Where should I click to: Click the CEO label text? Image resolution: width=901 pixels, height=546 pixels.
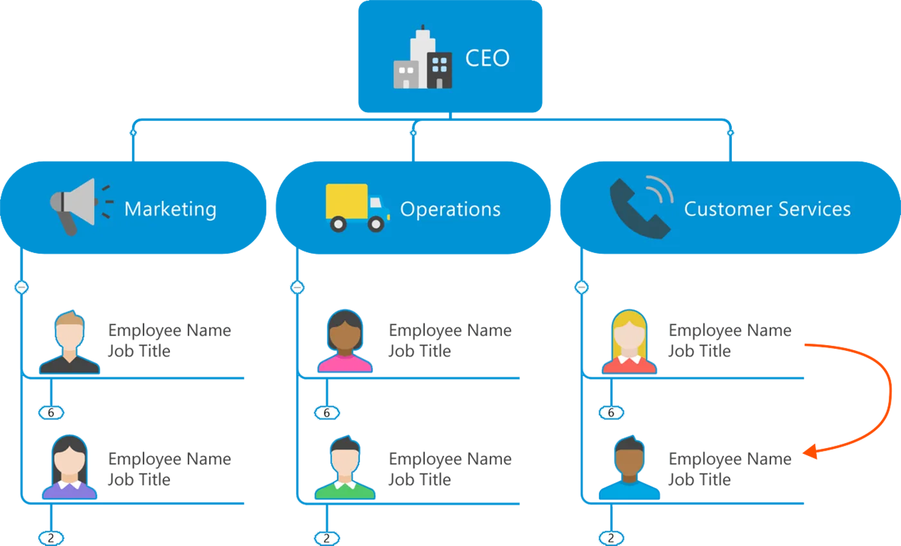pos(487,58)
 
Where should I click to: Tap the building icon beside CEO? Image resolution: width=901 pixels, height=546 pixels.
pos(423,59)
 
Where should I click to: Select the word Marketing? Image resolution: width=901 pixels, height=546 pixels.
pos(170,209)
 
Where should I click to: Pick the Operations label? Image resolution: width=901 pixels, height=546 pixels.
pos(450,209)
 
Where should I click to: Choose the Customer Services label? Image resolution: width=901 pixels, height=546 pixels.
pos(767,209)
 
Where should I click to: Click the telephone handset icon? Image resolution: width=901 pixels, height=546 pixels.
pos(640,206)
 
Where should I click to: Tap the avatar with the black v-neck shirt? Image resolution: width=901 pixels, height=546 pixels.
pos(70,343)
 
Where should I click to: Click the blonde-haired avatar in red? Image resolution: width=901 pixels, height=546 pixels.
pos(629,343)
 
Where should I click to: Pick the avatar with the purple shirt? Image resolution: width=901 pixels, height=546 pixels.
pos(70,468)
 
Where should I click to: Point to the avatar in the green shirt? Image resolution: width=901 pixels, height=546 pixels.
pos(345,468)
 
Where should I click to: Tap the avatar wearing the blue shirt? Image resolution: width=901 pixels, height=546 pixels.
pos(629,468)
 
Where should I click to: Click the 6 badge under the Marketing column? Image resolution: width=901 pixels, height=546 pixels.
pos(51,413)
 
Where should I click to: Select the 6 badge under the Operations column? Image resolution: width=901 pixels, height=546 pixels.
pos(326,413)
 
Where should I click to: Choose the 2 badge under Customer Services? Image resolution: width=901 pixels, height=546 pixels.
pos(611,538)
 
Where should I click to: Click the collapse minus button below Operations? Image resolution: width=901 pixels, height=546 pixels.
pos(297,287)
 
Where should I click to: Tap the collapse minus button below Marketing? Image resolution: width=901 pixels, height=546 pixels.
pos(22,287)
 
